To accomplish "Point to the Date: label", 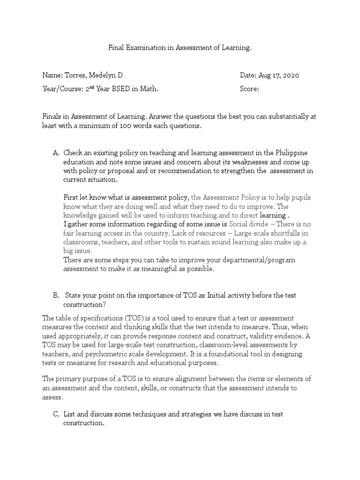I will coord(248,75).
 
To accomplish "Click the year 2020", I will coord(290,75).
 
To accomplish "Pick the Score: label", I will coord(249,89).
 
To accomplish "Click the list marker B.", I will coord(56,295).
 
